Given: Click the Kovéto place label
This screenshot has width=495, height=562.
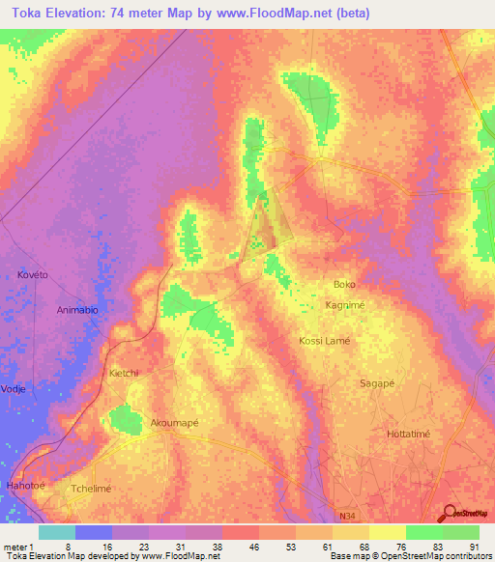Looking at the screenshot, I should (33, 275).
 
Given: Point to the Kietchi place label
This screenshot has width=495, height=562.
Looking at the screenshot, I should (125, 373).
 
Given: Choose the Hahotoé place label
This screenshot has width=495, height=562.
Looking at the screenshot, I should (27, 485).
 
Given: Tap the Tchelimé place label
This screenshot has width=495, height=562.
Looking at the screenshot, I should (92, 489).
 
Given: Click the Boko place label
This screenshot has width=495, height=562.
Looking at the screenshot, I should (344, 285).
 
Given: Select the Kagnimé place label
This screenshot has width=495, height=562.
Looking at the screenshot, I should (344, 304).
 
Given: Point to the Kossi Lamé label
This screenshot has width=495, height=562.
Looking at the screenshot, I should (325, 341).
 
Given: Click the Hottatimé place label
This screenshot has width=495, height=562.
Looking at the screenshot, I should (413, 435).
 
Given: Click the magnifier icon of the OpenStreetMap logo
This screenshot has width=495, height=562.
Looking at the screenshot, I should (448, 513).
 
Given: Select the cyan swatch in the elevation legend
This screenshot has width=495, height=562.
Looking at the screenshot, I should (57, 532).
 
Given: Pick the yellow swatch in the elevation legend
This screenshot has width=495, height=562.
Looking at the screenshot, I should (387, 532).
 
